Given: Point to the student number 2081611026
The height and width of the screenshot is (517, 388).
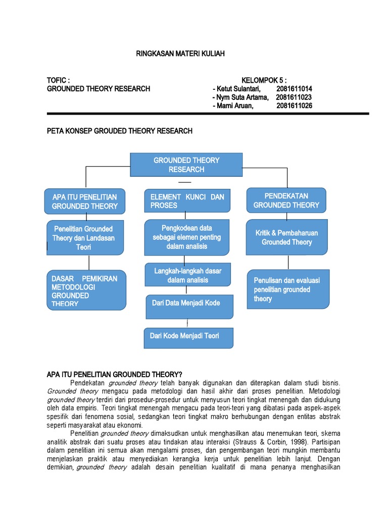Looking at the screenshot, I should [294, 106].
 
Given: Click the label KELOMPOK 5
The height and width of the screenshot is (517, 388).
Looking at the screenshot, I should [264, 80].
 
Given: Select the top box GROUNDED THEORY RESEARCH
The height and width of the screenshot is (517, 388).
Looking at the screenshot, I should [186, 165].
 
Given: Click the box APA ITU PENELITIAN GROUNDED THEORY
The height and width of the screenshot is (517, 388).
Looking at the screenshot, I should [84, 201].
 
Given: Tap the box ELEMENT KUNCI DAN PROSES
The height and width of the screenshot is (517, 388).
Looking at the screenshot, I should [187, 201].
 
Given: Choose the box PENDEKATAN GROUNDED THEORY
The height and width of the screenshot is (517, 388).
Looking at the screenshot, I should [286, 200].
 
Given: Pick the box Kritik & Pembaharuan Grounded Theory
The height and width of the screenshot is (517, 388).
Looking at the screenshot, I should [286, 237].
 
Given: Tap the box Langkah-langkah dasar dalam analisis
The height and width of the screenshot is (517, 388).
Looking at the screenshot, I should [187, 276].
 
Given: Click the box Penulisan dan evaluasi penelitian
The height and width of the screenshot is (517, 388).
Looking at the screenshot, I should [286, 290].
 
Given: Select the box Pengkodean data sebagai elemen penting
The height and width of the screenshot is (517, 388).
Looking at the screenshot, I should [187, 237].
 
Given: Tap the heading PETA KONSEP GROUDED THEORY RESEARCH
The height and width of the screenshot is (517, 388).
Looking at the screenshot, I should [119, 131].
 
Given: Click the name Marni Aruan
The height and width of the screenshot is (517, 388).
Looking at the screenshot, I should [235, 106].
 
